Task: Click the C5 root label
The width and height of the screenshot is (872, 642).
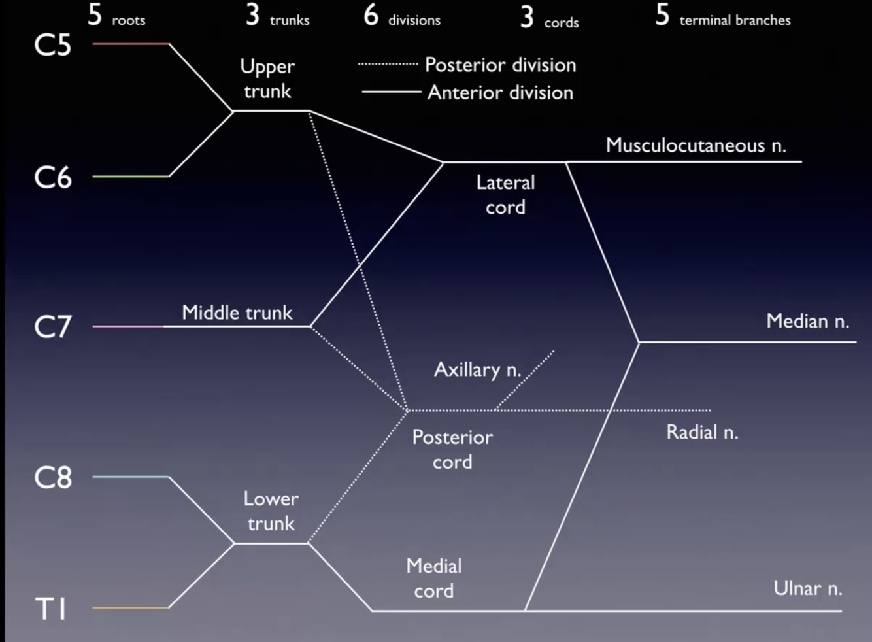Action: click(52, 45)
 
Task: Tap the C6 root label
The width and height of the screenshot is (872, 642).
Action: click(52, 177)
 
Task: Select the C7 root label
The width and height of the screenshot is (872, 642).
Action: click(52, 326)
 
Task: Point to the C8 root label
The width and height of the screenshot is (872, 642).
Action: click(52, 478)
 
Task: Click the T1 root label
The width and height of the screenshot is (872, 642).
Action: click(51, 609)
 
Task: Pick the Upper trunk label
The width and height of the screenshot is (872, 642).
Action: click(267, 78)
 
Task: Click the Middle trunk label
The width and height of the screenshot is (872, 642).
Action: click(237, 313)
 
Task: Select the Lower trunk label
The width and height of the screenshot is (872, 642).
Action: click(271, 511)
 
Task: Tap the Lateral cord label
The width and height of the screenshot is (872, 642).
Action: click(505, 194)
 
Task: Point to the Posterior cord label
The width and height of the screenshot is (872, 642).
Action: click(452, 449)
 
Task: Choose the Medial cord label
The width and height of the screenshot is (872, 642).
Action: click(434, 578)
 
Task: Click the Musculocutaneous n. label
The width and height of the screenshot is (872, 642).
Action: click(696, 145)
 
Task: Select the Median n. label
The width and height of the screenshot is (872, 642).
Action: click(807, 321)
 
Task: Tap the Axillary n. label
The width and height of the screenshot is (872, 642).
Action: click(477, 370)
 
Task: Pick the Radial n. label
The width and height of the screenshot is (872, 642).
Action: click(702, 432)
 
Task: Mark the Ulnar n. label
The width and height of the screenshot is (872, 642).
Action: click(807, 588)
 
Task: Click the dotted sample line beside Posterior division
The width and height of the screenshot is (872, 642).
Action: click(388, 65)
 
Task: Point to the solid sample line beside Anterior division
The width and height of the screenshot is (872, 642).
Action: click(391, 92)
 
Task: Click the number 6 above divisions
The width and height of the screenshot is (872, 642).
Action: click(371, 14)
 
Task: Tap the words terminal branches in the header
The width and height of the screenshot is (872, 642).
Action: click(735, 20)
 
